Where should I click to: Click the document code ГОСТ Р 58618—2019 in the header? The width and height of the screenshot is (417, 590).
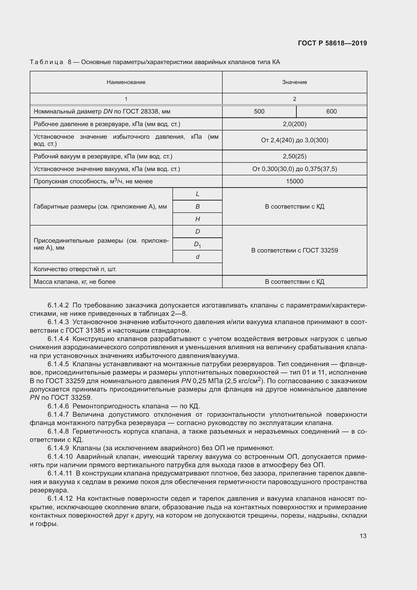(332, 43)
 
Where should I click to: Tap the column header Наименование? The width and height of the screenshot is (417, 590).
(126, 82)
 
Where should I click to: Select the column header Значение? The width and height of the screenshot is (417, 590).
(294, 82)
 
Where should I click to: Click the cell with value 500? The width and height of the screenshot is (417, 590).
(259, 111)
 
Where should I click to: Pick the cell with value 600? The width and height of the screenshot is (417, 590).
(331, 111)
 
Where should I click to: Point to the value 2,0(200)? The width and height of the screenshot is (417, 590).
(294, 124)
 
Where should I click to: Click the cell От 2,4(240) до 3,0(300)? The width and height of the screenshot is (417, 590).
(294, 140)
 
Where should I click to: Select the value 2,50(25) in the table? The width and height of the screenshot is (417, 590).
(294, 156)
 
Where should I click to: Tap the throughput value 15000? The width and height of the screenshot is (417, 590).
(294, 181)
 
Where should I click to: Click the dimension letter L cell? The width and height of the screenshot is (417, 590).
(197, 194)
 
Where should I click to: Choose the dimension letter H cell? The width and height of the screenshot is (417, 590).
(197, 219)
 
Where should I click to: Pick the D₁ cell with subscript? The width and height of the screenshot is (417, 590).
(197, 244)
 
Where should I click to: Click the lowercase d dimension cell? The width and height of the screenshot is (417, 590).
(197, 257)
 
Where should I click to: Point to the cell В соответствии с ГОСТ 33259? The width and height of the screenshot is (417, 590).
(294, 250)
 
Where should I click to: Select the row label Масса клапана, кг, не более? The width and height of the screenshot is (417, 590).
(75, 282)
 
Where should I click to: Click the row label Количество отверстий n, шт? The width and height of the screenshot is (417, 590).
(75, 269)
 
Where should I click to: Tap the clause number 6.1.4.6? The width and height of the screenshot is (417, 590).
(58, 406)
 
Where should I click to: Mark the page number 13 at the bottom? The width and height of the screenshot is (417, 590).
(363, 536)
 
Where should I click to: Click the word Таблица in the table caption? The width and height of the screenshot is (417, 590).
(46, 62)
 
